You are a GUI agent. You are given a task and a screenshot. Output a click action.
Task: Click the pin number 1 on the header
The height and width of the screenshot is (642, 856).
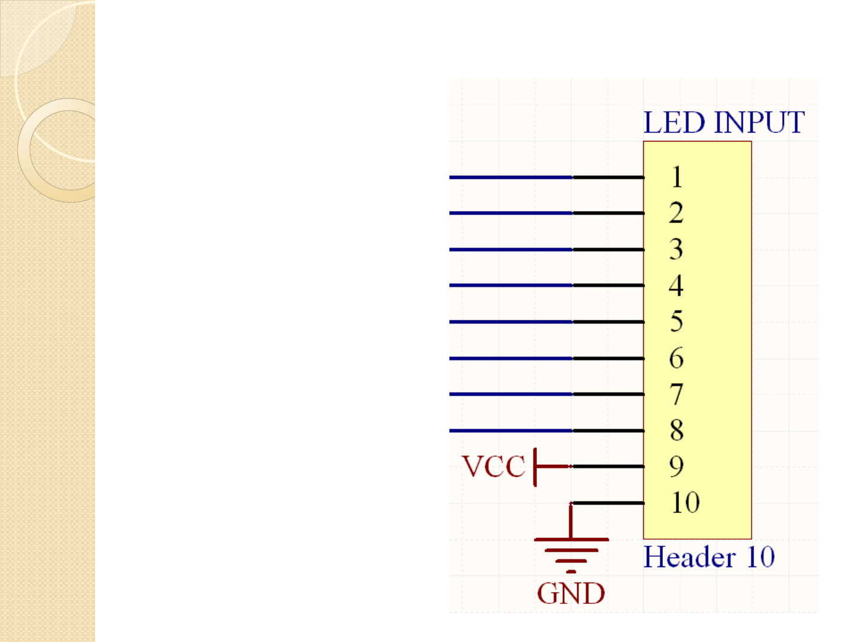click(676, 177)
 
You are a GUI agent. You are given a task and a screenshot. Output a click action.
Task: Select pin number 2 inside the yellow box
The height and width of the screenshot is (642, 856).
click(676, 213)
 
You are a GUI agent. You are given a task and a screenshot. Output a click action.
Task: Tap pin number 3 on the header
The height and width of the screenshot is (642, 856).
click(676, 250)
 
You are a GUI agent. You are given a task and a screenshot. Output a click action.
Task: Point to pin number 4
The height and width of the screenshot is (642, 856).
click(676, 286)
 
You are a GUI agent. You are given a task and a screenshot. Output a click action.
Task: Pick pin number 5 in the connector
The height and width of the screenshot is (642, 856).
click(676, 322)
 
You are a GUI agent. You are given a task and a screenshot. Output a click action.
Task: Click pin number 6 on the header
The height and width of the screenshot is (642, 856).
click(676, 358)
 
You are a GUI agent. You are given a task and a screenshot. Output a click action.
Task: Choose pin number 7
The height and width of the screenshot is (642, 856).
click(676, 395)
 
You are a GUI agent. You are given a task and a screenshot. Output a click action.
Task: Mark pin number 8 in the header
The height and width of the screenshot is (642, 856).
click(676, 430)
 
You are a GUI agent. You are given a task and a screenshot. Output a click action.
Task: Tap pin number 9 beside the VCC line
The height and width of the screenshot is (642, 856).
click(676, 467)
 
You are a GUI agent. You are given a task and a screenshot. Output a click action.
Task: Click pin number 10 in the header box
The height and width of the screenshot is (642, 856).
click(685, 503)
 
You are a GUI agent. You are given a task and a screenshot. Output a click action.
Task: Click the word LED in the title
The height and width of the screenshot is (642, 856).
click(674, 123)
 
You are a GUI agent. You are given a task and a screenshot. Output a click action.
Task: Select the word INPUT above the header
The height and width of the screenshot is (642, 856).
click(759, 123)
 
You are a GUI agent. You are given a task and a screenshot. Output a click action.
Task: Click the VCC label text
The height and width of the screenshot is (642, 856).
click(493, 467)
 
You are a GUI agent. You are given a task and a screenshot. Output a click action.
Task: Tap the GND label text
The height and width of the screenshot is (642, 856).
click(571, 593)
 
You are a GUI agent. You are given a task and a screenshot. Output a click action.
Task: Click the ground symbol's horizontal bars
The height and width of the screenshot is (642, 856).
click(571, 550)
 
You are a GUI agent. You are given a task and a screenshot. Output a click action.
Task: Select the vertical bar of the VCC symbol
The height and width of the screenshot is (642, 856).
click(536, 467)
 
